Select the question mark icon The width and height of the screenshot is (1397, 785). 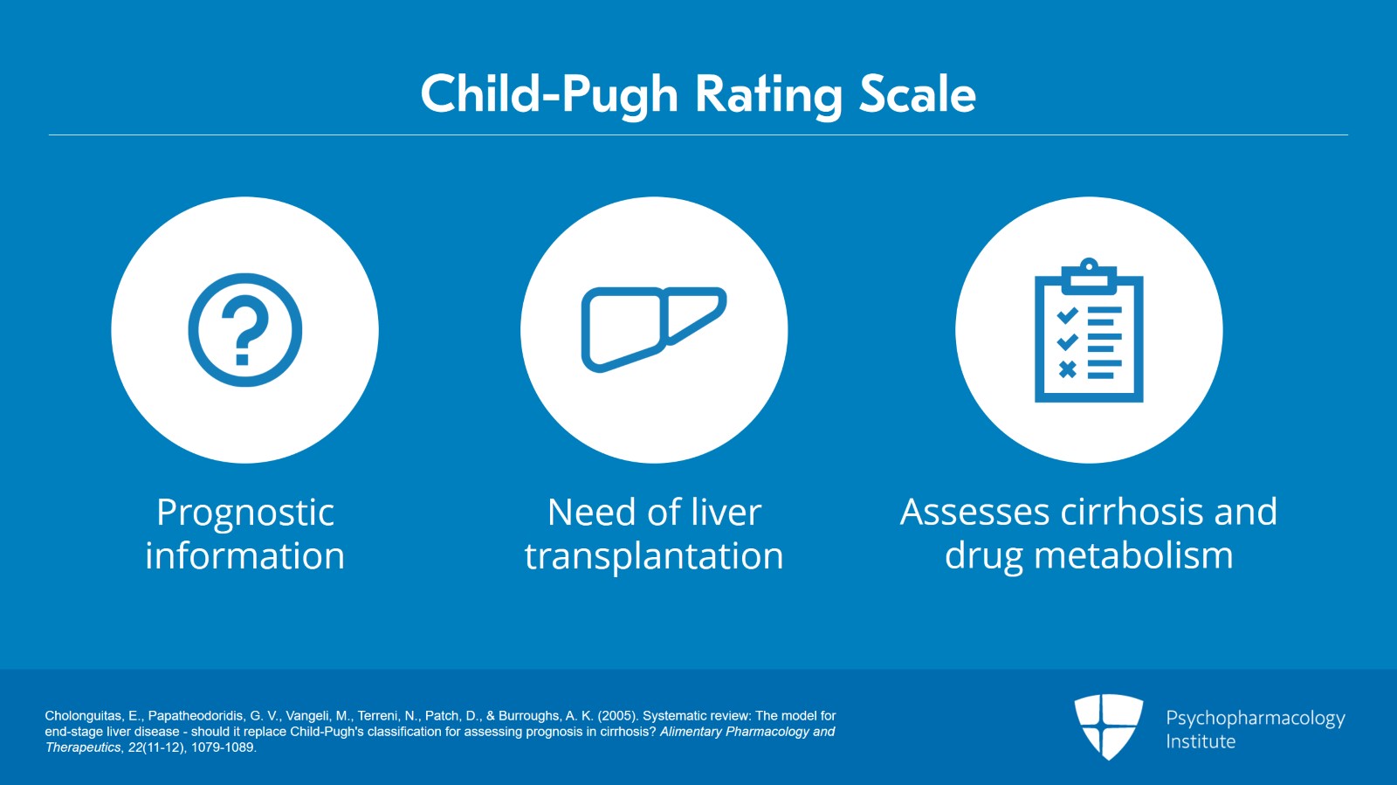(245, 330)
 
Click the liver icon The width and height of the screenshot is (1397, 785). (653, 328)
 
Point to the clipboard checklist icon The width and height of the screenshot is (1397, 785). (1089, 332)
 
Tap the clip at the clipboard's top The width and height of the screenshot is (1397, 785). (1089, 273)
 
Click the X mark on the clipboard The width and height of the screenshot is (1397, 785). (1067, 369)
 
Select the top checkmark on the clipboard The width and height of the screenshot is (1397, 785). (1067, 314)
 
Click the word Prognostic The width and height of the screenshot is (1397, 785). (245, 513)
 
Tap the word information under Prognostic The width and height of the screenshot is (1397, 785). (245, 556)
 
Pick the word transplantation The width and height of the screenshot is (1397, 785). (654, 556)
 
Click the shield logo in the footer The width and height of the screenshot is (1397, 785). (1108, 726)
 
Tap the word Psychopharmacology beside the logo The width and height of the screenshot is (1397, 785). (1255, 719)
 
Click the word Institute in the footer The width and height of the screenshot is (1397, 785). (1201, 741)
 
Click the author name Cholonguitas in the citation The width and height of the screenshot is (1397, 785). (83, 716)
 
